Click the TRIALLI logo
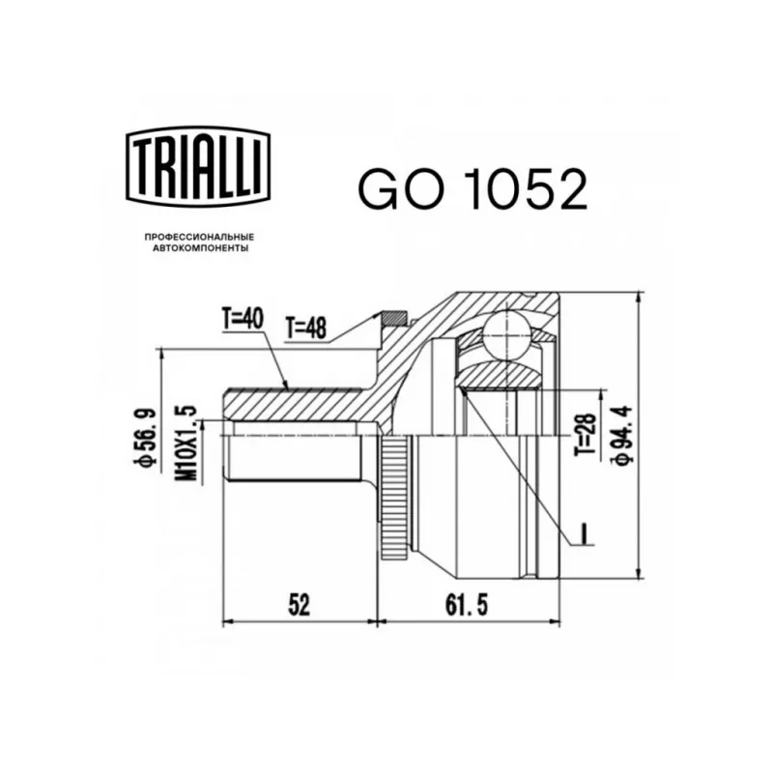point(199,165)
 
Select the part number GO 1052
point(472,187)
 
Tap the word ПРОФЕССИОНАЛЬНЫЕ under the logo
point(199,238)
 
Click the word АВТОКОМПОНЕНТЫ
point(200,249)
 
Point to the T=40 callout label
point(243,319)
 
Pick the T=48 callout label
point(305,328)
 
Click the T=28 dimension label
point(587,434)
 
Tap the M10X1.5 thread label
point(186,444)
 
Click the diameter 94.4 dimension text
point(621,434)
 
